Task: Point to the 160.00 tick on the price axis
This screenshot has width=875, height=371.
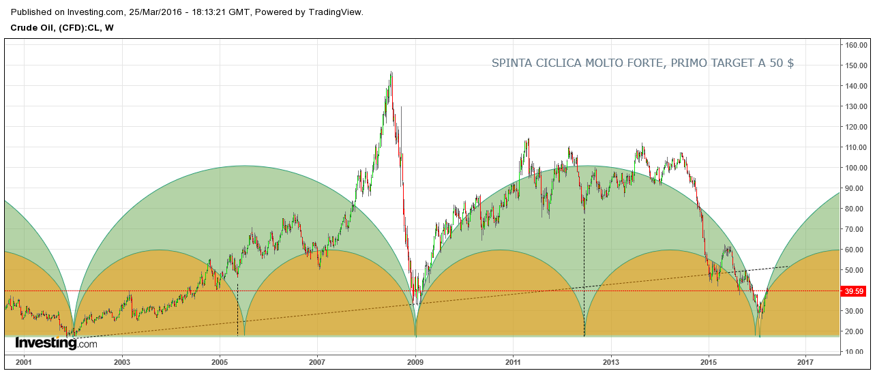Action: pyautogui.click(x=857, y=45)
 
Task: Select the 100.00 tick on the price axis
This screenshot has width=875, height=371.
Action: pyautogui.click(x=857, y=168)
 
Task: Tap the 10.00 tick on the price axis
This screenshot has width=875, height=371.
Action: pyautogui.click(x=857, y=352)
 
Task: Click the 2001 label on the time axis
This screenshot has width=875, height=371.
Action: pyautogui.click(x=24, y=361)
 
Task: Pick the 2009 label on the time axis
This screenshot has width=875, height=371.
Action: pyautogui.click(x=415, y=361)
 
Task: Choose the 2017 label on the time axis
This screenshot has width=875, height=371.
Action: pyautogui.click(x=806, y=361)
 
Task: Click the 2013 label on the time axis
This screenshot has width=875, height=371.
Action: pyautogui.click(x=611, y=361)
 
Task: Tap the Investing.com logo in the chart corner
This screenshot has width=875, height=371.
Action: pyautogui.click(x=56, y=344)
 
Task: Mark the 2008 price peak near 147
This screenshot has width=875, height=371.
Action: pyautogui.click(x=391, y=72)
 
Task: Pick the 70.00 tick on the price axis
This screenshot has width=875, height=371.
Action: pyautogui.click(x=857, y=229)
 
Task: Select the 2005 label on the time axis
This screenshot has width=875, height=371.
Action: pyautogui.click(x=220, y=361)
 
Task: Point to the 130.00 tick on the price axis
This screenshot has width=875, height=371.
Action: pyautogui.click(x=857, y=106)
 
